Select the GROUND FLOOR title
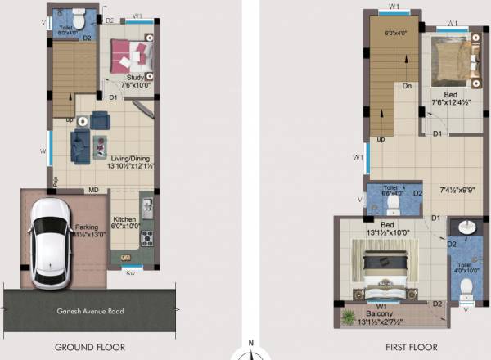click(x=90, y=347)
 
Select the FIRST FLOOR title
click(x=403, y=347)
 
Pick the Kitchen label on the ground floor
click(x=124, y=219)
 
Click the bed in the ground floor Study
click(x=132, y=54)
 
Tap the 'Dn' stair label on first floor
click(x=407, y=85)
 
